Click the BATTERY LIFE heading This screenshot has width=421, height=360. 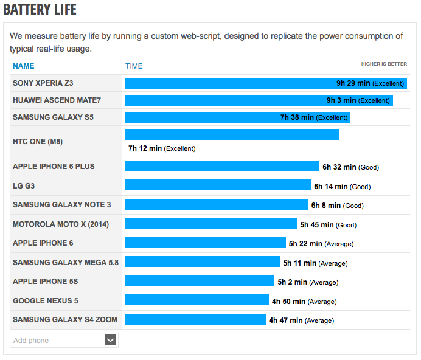coord(40,10)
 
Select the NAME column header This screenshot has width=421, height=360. coord(24,66)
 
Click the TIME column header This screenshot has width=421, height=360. coord(134,66)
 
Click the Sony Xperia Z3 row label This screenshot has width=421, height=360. coord(43,83)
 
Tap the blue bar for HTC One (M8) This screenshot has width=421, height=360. coord(232,134)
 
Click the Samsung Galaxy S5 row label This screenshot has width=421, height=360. coord(53,117)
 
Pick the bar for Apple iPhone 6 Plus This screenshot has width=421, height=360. coord(222,167)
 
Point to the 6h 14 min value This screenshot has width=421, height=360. coord(330,187)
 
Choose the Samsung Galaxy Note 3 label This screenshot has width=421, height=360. coord(62,205)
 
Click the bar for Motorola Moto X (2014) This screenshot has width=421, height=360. coord(211,224)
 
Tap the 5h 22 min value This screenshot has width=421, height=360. coord(305,244)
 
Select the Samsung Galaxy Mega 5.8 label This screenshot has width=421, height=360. coord(66,262)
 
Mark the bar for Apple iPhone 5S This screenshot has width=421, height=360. coord(200,281)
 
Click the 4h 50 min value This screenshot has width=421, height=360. coord(288,301)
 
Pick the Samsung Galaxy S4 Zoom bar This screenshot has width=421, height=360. coord(196,319)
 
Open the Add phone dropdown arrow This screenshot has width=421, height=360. coord(110,340)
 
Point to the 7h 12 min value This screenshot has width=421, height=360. coord(145,148)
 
